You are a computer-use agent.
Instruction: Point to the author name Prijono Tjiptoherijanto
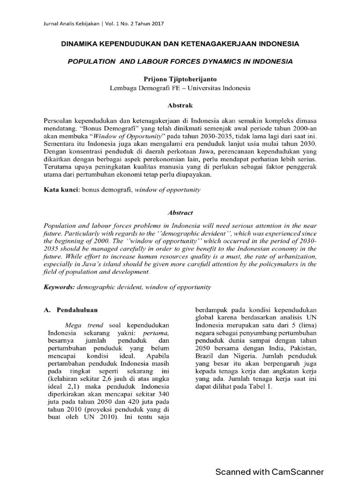point(180,79)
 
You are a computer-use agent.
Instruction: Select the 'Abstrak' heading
point(180,105)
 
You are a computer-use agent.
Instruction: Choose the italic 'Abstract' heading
point(180,212)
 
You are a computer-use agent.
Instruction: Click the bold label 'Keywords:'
point(59,287)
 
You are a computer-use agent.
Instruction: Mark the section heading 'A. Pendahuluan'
point(71,310)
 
